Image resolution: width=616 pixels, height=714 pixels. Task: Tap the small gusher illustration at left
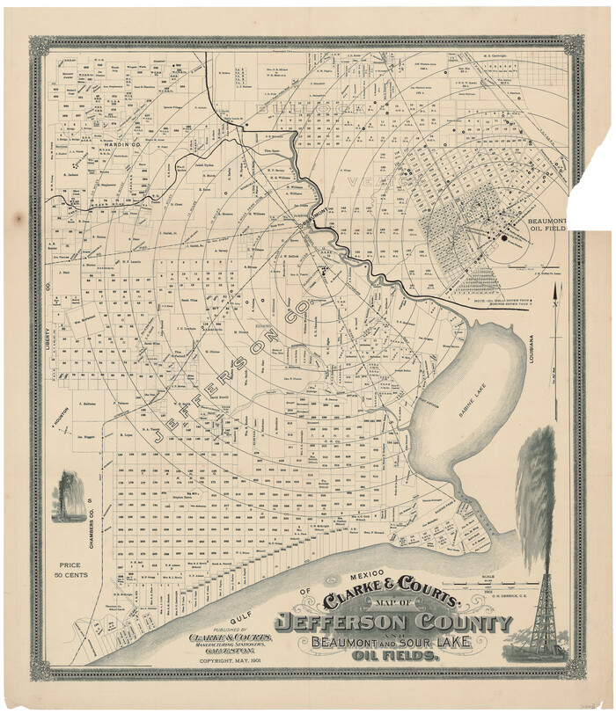70,496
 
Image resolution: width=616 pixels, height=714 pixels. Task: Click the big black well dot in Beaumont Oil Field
504,237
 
